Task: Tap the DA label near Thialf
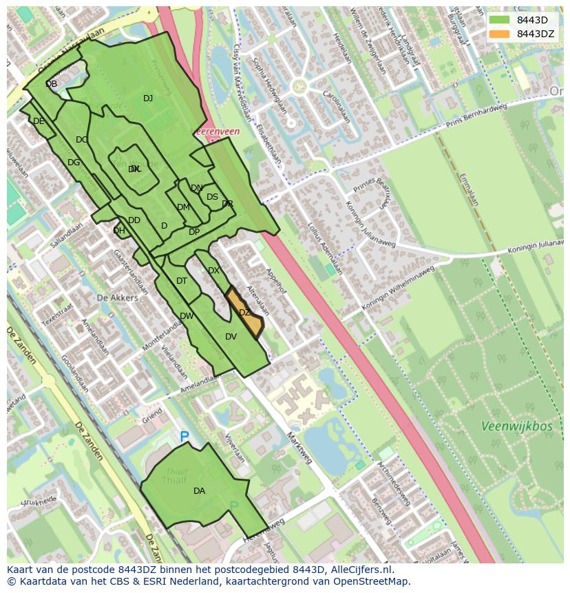tap(199, 491)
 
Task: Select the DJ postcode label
tap(148, 98)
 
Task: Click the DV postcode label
tap(231, 337)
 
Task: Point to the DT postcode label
tap(182, 281)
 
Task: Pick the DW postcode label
tap(187, 316)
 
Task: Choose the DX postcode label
tap(213, 271)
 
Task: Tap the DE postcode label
tap(39, 121)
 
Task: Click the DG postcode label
tap(74, 163)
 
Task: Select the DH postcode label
tap(119, 231)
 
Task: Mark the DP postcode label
tap(194, 232)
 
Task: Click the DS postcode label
tap(212, 197)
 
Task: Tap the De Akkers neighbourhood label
tap(117, 298)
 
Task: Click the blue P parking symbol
tap(184, 436)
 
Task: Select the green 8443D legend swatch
tap(499, 20)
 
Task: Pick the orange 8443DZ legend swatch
tap(499, 34)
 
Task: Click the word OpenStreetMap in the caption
tap(372, 581)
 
